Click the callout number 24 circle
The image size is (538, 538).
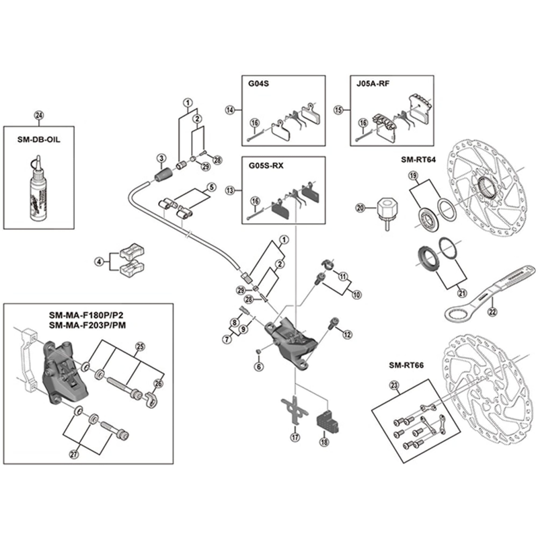(38, 114)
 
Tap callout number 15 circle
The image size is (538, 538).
(339, 109)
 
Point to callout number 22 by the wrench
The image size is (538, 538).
(492, 311)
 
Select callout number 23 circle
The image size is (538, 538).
(394, 386)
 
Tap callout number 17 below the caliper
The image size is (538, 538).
(294, 438)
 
